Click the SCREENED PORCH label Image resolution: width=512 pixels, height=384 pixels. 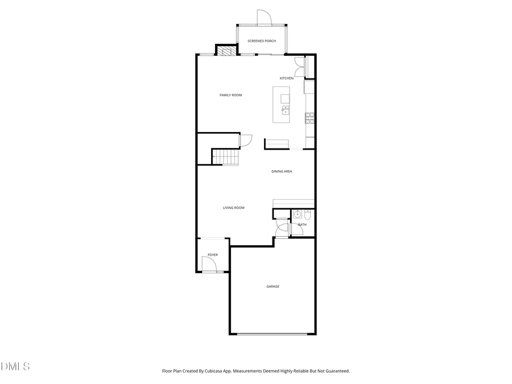[262, 41]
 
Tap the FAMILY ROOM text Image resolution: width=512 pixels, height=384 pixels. [230, 95]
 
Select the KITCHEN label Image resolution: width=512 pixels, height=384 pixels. [286, 78]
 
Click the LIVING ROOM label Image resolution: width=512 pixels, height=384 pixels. [233, 208]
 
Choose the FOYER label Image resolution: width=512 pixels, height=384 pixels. [212, 255]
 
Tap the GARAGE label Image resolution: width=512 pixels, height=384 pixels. [272, 286]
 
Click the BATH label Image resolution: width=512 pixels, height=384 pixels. [302, 225]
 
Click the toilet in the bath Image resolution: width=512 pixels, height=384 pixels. [307, 214]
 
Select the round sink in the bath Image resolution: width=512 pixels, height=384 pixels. [297, 214]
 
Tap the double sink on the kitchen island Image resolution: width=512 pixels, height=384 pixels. [284, 109]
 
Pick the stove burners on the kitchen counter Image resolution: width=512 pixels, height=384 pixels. [309, 118]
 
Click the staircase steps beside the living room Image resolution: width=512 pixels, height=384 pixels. [225, 156]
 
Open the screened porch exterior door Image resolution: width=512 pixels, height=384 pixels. [264, 18]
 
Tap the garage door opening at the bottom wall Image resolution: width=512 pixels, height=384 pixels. [272, 334]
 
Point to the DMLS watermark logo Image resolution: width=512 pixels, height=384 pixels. [15, 366]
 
